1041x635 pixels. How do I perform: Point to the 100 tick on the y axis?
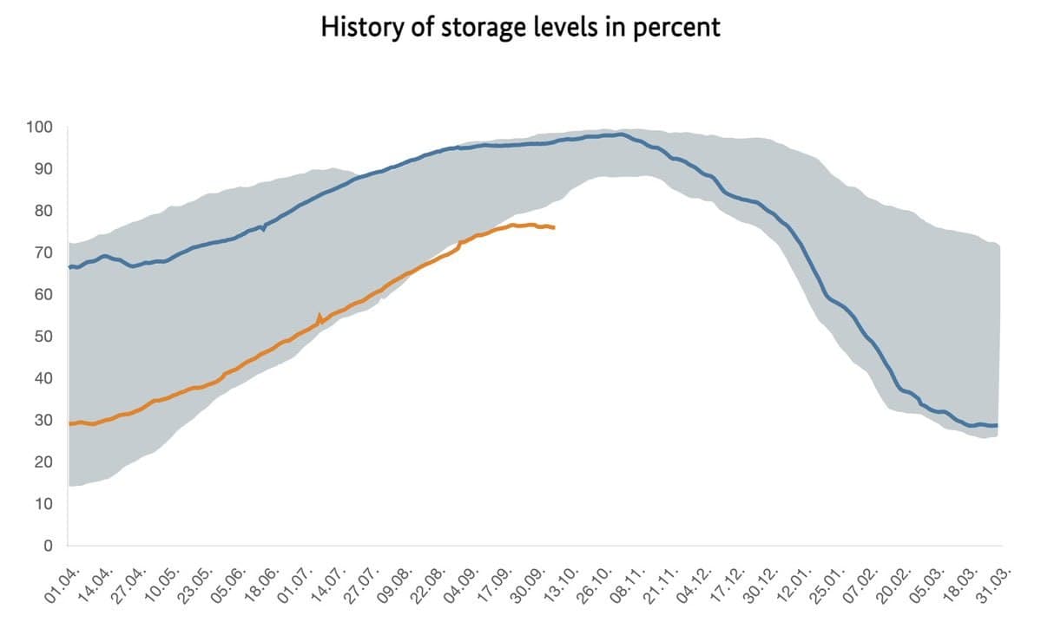40,128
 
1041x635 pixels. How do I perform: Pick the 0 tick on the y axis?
49,546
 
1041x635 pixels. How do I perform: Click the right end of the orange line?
554,227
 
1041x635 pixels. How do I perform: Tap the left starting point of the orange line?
69,423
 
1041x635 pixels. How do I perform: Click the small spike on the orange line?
320,316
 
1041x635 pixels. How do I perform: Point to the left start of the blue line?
69,267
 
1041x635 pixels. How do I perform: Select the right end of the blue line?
997,425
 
